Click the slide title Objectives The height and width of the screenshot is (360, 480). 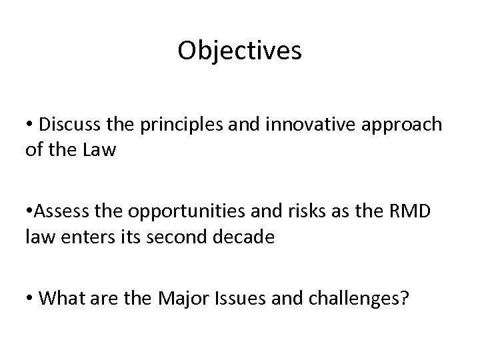point(239,51)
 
